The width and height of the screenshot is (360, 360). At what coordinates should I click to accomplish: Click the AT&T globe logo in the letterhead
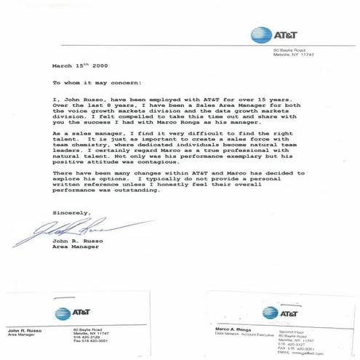[260, 33]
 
